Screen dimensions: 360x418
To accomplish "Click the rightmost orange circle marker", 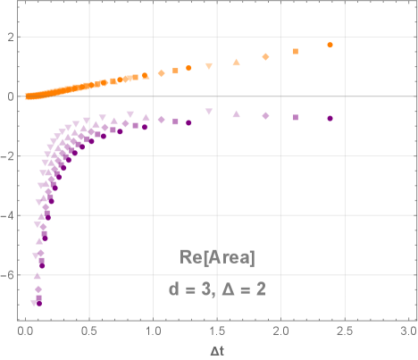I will click(x=330, y=45).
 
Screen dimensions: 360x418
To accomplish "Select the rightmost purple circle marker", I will click(x=330, y=119).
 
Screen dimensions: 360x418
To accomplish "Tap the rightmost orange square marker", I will click(x=296, y=52).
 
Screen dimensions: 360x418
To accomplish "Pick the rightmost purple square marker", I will click(x=296, y=118).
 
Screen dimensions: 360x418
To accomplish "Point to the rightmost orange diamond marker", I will click(x=265, y=57).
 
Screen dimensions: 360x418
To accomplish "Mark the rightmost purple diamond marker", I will click(x=265, y=116).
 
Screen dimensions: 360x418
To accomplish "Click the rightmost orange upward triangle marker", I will click(x=236, y=63).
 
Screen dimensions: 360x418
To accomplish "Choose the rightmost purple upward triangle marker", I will click(x=236, y=114).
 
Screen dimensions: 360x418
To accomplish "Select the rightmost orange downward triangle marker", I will click(x=208, y=67).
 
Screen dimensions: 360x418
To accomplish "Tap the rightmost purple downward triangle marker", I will click(x=208, y=112).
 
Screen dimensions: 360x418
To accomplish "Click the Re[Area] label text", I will click(x=218, y=258).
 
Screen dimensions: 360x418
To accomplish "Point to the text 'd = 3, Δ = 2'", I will click(x=218, y=289).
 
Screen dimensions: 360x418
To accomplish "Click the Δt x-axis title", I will click(x=217, y=351).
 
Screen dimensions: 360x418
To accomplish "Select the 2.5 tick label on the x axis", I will click(x=345, y=331).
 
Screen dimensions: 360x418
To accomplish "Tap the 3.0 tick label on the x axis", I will click(x=408, y=331).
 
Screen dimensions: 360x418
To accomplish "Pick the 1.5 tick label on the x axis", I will click(x=217, y=331).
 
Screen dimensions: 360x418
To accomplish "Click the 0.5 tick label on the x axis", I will click(x=89, y=331).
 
